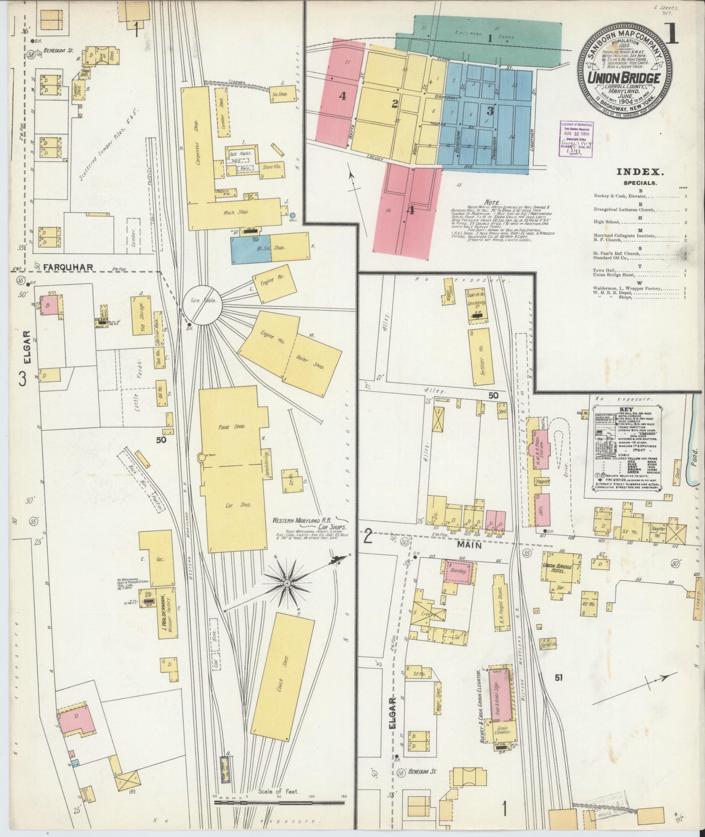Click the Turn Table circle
[x=202, y=305]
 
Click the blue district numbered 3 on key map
[x=489, y=111]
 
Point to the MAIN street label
[x=469, y=545]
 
